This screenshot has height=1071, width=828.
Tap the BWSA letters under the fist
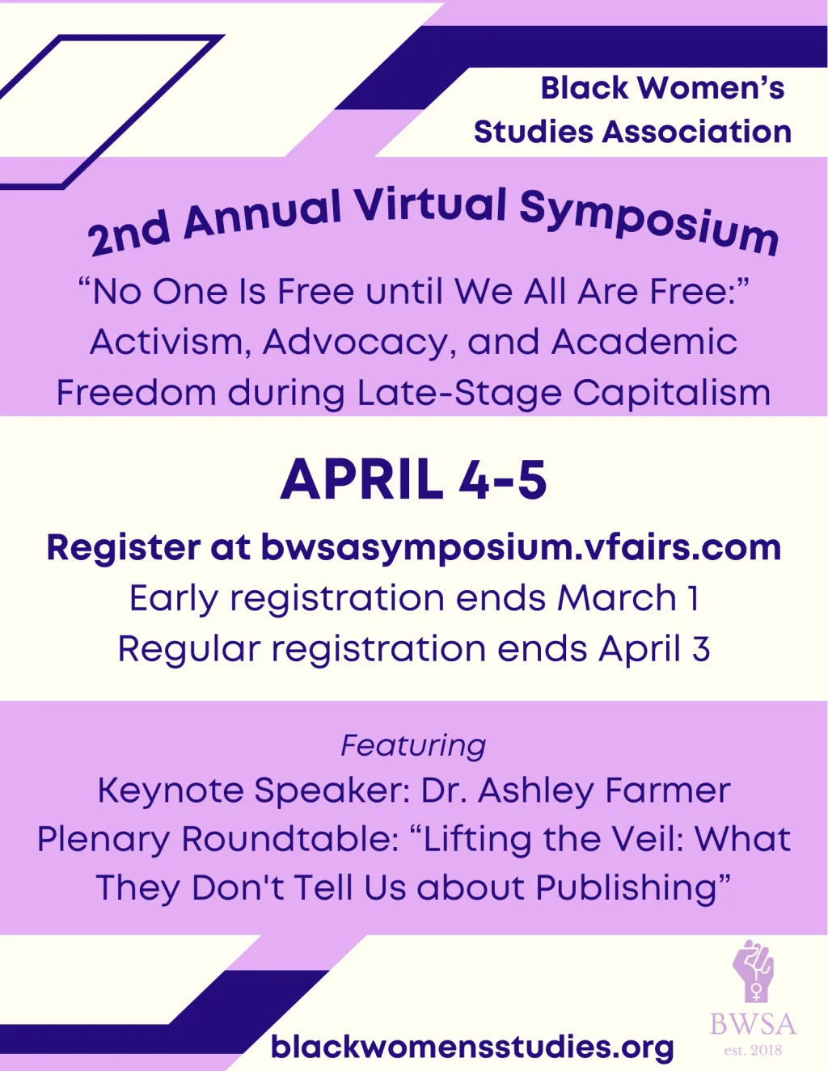(x=753, y=1024)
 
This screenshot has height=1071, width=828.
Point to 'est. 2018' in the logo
(x=753, y=1051)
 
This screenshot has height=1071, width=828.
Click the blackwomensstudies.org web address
(x=472, y=1047)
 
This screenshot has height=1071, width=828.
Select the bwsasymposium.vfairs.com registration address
(x=521, y=547)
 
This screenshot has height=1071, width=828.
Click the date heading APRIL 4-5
(x=413, y=479)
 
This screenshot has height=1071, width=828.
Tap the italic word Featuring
(x=413, y=745)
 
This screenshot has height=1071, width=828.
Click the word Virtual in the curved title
(x=430, y=205)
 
